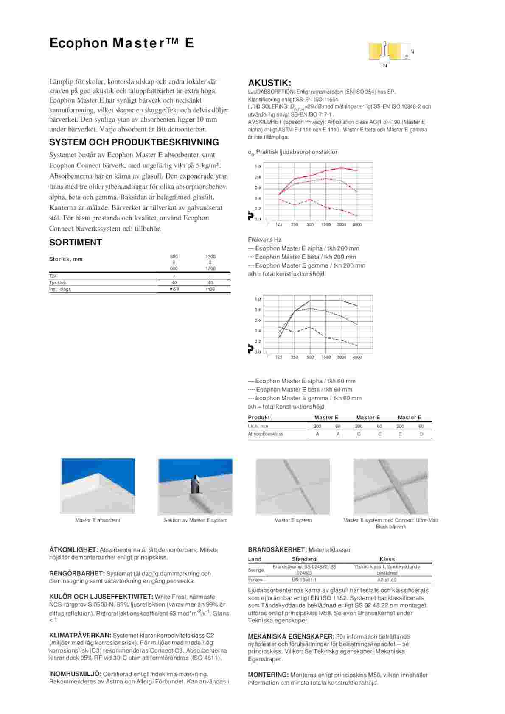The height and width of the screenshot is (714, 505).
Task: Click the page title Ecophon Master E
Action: click(121, 43)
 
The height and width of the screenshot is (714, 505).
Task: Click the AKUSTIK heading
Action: click(269, 83)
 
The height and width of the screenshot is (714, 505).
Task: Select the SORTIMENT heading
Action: click(76, 243)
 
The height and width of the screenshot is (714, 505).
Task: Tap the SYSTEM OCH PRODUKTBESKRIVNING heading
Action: click(134, 142)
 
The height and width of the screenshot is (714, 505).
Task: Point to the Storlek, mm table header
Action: click(66, 259)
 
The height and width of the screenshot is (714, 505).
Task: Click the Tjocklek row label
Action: click(58, 282)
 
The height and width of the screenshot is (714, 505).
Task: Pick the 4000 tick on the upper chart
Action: click(357, 224)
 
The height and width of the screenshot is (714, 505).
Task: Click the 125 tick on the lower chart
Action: click(279, 357)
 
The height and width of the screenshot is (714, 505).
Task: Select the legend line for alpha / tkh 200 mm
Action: click(303, 248)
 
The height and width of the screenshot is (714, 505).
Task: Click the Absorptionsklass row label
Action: click(265, 434)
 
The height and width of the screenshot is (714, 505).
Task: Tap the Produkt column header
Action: click(259, 418)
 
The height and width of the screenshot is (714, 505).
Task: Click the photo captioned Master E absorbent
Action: click(98, 486)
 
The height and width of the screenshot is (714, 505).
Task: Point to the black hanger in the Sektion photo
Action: click(196, 484)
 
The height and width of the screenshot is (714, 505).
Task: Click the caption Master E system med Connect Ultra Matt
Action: click(390, 520)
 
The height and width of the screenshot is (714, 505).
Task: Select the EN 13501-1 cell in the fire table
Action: click(304, 580)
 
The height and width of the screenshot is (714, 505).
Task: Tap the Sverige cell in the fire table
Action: click(256, 570)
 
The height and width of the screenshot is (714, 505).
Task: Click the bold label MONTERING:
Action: click(268, 675)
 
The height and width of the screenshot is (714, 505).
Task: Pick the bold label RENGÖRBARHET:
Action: click(77, 574)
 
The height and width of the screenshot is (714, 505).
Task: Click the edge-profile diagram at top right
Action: click(391, 54)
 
